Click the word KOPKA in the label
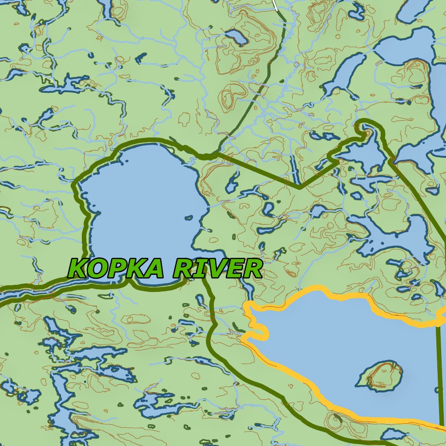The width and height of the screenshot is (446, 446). coord(116,268)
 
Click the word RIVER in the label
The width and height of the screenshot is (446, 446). coord(218,268)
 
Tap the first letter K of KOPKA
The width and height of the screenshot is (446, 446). coord(79,268)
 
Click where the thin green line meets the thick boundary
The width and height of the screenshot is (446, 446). coord(214,154)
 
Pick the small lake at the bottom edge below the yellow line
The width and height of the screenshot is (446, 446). coord(394,434)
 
